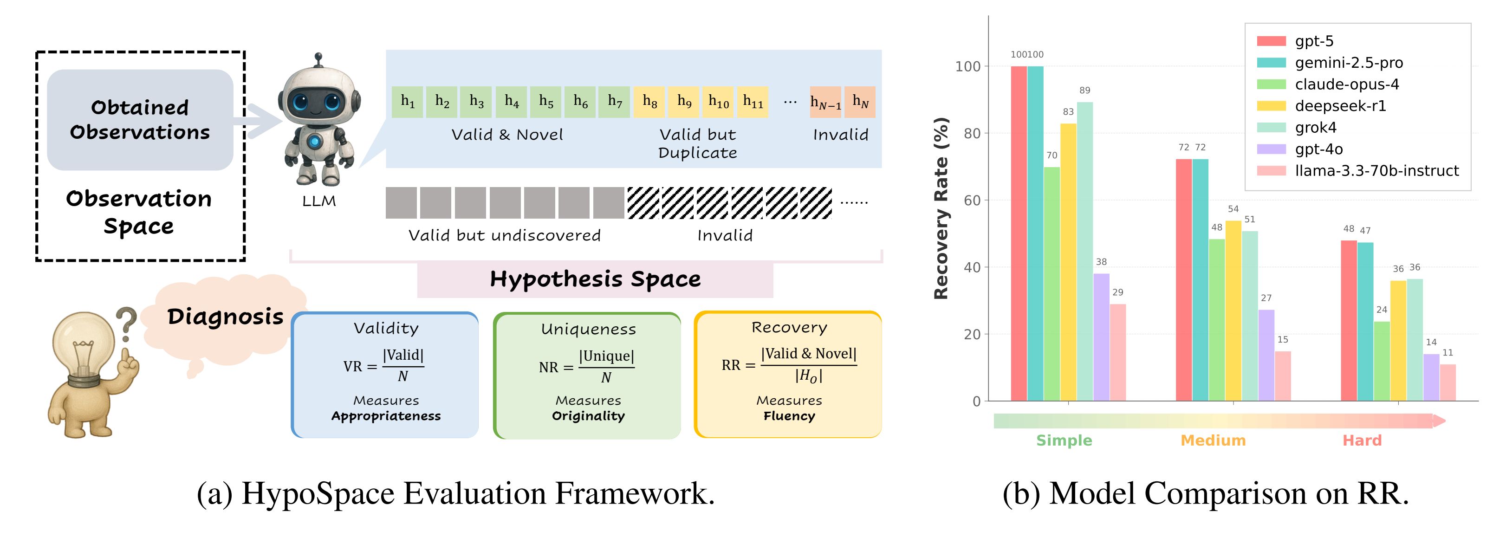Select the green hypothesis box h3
tap(476, 102)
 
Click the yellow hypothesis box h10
tap(718, 102)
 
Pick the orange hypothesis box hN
tap(860, 102)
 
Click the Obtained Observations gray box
tap(140, 120)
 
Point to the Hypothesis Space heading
tap(595, 279)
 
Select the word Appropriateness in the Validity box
tap(386, 416)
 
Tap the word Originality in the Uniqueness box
tap(588, 416)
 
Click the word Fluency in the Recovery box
tap(789, 416)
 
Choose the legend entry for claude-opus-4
tap(1347, 84)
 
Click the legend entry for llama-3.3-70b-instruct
tap(1376, 171)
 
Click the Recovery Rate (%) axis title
tap(941, 208)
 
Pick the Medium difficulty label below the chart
tap(1213, 440)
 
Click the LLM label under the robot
tap(319, 201)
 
